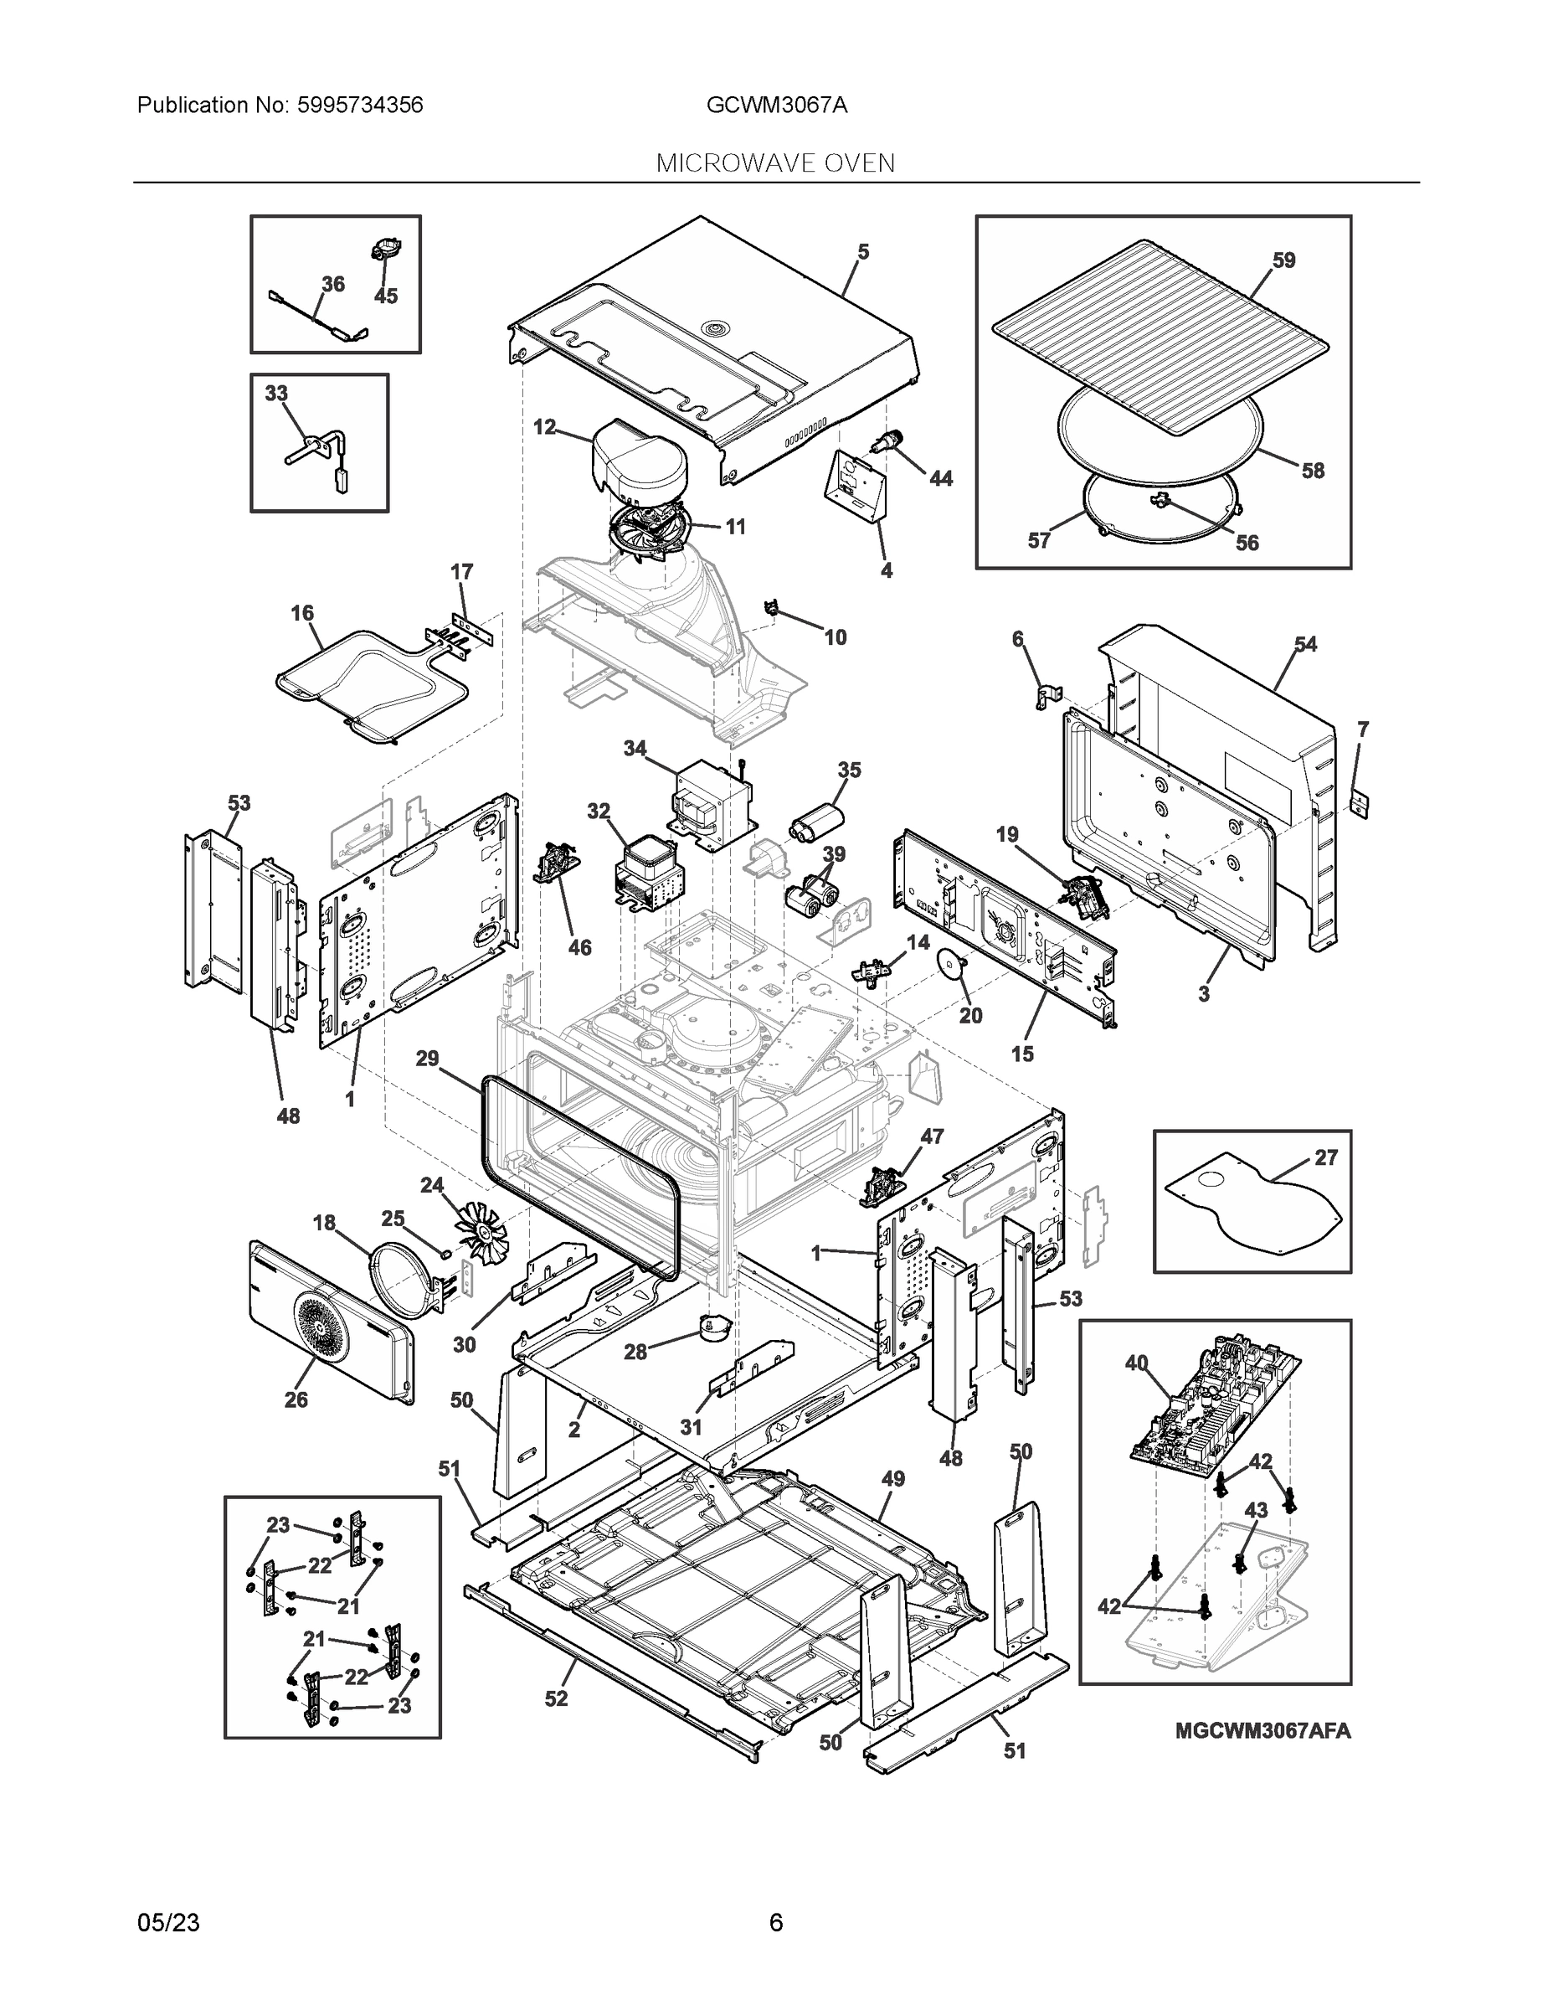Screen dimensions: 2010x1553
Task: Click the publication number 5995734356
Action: click(360, 105)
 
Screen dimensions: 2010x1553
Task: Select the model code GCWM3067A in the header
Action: click(777, 105)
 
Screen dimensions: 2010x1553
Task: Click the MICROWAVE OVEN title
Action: click(775, 163)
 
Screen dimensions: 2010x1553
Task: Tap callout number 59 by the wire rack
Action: click(1283, 260)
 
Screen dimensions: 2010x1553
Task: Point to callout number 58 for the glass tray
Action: click(1312, 471)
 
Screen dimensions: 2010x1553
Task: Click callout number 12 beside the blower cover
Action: click(545, 427)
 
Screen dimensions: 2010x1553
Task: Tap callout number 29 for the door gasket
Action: click(427, 1059)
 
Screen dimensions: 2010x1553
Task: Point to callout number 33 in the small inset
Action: click(276, 393)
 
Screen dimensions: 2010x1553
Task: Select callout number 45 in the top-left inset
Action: click(385, 296)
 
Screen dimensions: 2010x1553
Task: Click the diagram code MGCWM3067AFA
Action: click(1262, 1731)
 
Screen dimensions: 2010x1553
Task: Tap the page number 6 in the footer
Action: click(775, 1923)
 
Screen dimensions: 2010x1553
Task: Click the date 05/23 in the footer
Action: click(168, 1923)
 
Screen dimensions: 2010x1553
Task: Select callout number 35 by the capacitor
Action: click(848, 770)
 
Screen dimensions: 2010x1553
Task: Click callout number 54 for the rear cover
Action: click(1304, 644)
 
